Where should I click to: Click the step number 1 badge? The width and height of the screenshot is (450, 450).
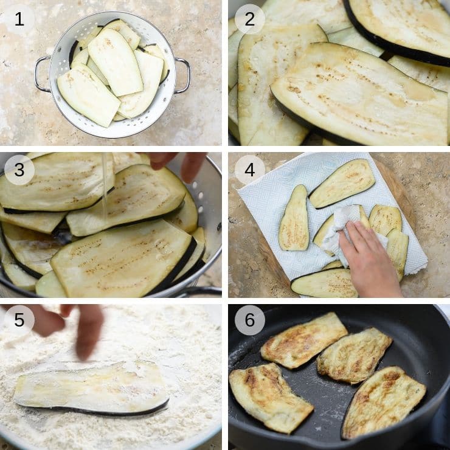[19, 19]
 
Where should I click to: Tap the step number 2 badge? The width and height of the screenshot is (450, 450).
[250, 19]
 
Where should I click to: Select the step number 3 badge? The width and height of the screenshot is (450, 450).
[19, 170]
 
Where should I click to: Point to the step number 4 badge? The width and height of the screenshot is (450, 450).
[250, 170]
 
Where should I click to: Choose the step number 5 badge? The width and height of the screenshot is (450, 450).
[19, 320]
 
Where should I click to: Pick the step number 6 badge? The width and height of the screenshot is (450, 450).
[250, 320]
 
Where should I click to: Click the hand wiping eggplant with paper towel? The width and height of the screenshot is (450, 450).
[370, 258]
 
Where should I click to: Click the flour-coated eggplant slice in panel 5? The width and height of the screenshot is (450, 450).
[91, 387]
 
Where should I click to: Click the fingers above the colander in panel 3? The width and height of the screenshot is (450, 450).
[178, 164]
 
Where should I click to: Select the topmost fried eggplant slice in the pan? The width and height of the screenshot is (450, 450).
[303, 340]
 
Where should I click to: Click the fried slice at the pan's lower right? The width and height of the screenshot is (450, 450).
[383, 402]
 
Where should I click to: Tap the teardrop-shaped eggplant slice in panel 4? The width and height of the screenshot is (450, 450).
[294, 218]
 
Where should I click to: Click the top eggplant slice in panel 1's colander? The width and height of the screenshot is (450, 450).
[116, 61]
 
